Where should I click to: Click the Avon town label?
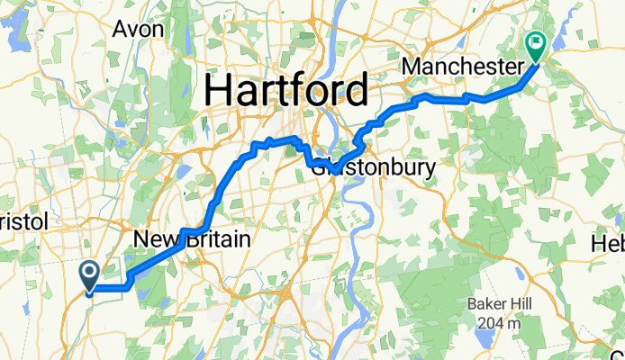[x=138, y=29]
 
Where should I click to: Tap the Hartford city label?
[x=285, y=90]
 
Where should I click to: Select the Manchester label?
[x=462, y=67]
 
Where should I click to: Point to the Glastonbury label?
[x=373, y=167]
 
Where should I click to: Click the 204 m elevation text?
[x=497, y=322]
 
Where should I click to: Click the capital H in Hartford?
[x=221, y=90]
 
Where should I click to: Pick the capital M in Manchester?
[x=412, y=67]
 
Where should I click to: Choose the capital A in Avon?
[x=120, y=29]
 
